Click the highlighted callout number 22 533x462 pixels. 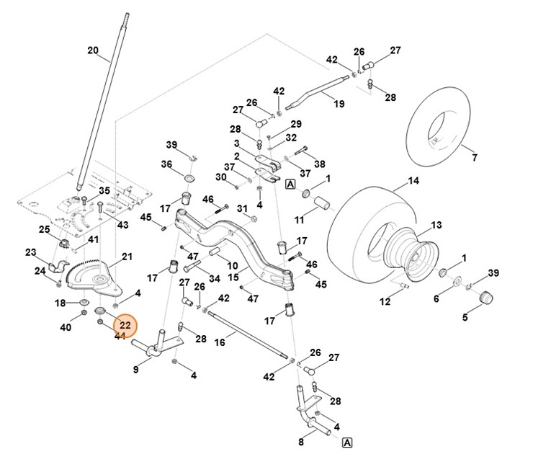pyautogui.click(x=125, y=326)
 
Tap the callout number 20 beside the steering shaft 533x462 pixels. pyautogui.click(x=92, y=50)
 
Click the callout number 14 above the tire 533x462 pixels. pyautogui.click(x=413, y=181)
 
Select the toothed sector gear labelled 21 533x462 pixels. pyautogui.click(x=90, y=276)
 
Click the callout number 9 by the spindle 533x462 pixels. pyautogui.click(x=136, y=370)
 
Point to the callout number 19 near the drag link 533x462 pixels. pyautogui.click(x=339, y=104)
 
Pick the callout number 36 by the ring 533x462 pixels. pyautogui.click(x=166, y=164)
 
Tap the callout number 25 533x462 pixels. pyautogui.click(x=44, y=229)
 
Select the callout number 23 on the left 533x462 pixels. pyautogui.click(x=30, y=252)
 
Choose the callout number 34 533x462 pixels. pyautogui.click(x=215, y=279)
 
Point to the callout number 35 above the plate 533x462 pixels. pyautogui.click(x=104, y=190)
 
